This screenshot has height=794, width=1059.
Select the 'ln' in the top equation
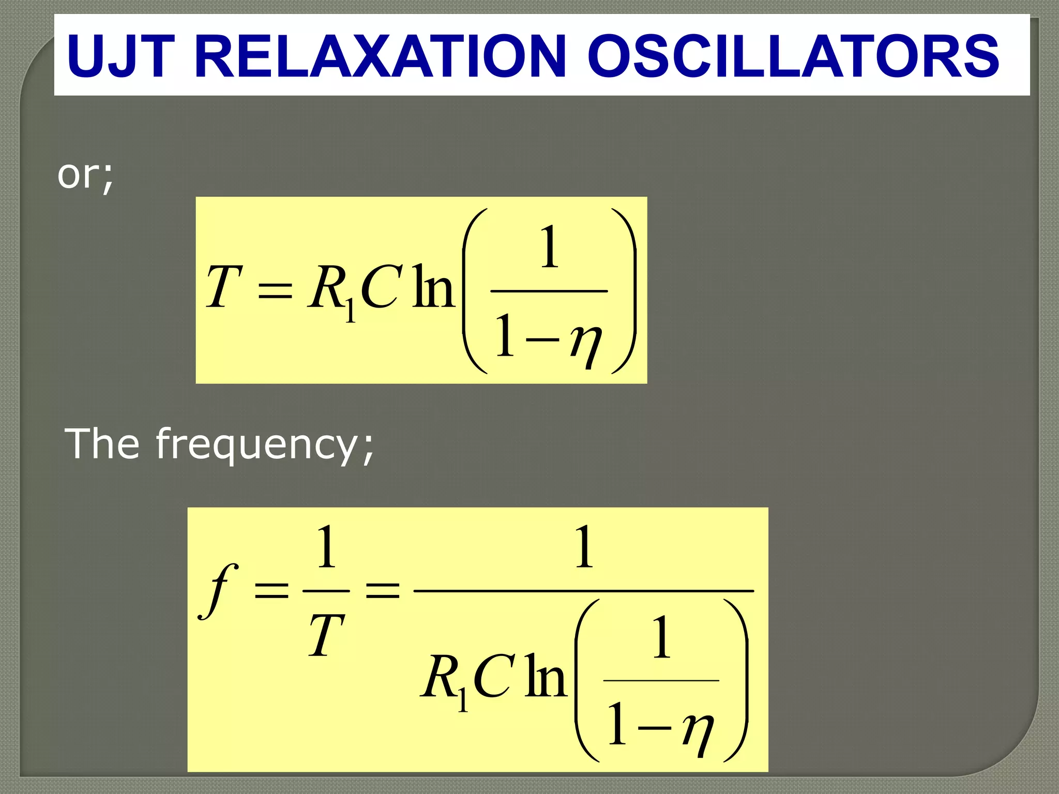433,287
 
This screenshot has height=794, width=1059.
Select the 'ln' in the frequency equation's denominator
545,677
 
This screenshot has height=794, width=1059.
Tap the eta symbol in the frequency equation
698,731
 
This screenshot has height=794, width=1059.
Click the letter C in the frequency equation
493,677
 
